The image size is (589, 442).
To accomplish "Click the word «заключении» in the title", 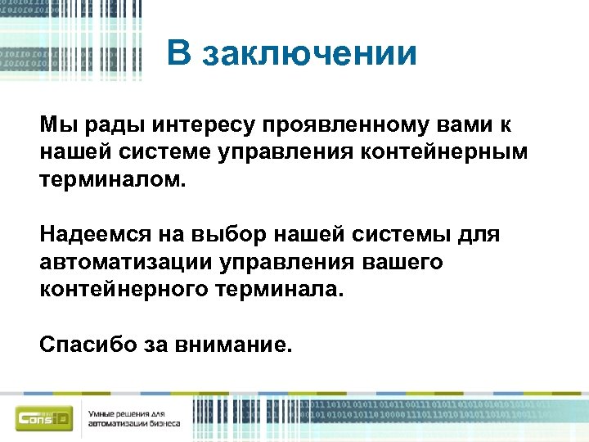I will tap(310, 55).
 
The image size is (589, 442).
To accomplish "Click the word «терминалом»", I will tap(112, 179).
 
